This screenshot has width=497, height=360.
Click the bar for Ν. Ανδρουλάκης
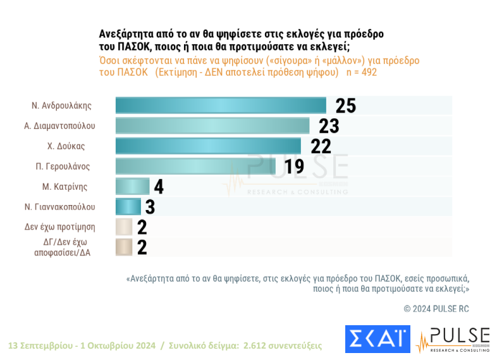tap(220, 106)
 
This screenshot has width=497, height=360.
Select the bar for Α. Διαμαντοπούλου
tap(212, 126)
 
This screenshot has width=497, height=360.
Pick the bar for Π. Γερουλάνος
tap(197, 166)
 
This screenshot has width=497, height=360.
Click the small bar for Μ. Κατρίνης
tap(132, 187)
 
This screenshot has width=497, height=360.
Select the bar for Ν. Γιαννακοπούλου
tap(128, 207)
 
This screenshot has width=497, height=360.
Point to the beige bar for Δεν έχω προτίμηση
tap(124, 227)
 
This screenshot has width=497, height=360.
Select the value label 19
tap(294, 166)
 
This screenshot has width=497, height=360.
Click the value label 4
tap(159, 187)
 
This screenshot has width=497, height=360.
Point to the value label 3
tap(150, 207)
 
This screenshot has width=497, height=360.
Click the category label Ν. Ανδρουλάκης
tap(63, 105)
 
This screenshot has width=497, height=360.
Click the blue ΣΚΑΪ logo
tap(377, 339)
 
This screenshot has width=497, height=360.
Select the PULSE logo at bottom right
tap(453, 340)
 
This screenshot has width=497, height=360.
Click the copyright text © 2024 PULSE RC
tap(436, 309)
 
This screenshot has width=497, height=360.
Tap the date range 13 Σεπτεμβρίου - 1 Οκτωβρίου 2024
tap(82, 346)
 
